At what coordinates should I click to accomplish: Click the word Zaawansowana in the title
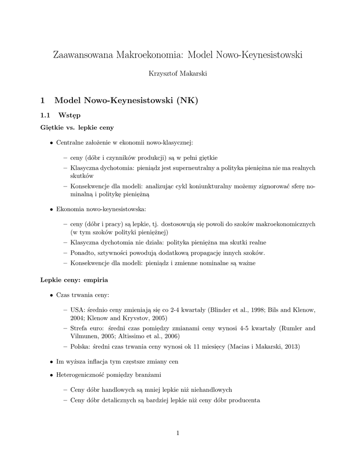(83, 56)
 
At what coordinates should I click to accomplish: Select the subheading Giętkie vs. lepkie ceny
(77, 128)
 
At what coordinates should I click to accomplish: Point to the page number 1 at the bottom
(178, 433)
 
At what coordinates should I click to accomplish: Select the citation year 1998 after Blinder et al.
(255, 310)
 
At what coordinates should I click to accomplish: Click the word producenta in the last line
(244, 400)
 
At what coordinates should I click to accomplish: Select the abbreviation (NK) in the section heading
(187, 100)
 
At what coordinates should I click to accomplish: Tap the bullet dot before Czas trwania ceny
(51, 295)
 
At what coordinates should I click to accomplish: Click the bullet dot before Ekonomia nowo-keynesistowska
(51, 209)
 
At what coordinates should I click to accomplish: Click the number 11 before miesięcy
(199, 347)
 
